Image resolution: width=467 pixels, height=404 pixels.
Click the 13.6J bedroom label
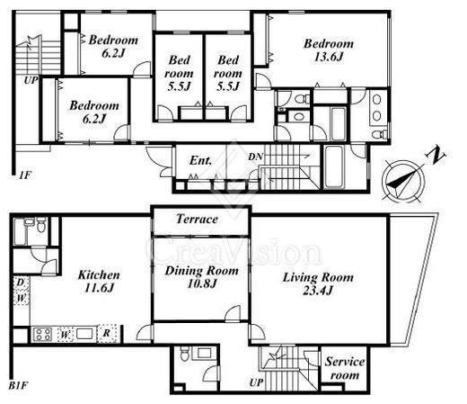[329, 50]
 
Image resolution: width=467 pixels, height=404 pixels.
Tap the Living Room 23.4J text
[318, 283]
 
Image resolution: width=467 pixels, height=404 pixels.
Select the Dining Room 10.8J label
[201, 277]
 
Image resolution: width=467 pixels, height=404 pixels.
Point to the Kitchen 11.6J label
[99, 281]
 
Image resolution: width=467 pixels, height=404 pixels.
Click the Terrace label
[197, 219]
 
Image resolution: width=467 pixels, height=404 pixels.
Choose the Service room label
[345, 368]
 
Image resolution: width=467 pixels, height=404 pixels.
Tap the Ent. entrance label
[200, 160]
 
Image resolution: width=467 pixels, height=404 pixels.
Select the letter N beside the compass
[436, 156]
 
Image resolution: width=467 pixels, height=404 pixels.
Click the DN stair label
[256, 157]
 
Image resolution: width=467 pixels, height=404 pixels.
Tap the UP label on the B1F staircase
[257, 382]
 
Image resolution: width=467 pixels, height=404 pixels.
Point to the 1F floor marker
[25, 175]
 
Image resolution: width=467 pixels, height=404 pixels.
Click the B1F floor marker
[18, 385]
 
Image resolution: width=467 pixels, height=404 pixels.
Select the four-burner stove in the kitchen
[42, 335]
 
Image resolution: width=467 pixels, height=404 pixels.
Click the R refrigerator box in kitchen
[107, 334]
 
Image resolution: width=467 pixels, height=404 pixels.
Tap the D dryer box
[21, 283]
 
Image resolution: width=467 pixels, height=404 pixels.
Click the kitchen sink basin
[86, 334]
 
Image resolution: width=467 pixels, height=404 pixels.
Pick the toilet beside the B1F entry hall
[184, 354]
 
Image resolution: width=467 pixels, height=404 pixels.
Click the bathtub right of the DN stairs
[334, 167]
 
